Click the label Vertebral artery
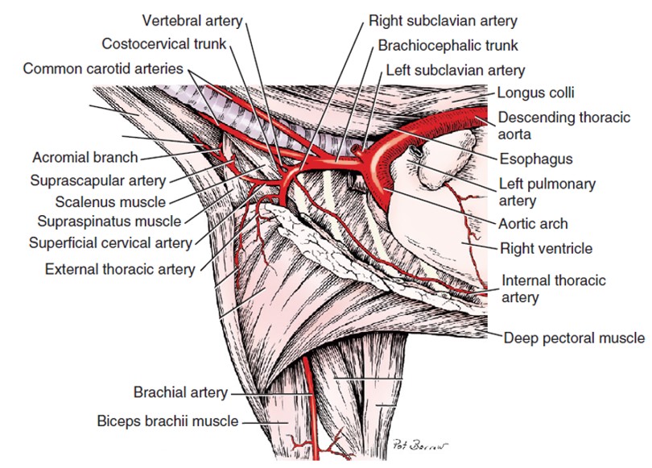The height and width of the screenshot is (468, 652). pyautogui.click(x=191, y=19)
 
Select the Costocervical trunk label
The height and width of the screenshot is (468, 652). pyautogui.click(x=164, y=43)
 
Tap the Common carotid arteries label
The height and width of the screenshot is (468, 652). pyautogui.click(x=103, y=68)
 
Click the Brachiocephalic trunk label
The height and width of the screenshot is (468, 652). pyautogui.click(x=448, y=45)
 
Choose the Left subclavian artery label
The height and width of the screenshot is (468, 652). pyautogui.click(x=456, y=71)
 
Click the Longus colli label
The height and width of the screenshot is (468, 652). pyautogui.click(x=536, y=93)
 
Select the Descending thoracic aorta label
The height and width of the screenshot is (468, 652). pyautogui.click(x=563, y=125)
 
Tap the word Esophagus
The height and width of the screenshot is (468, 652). pyautogui.click(x=536, y=159)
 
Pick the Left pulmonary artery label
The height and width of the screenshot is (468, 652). pyautogui.click(x=547, y=192)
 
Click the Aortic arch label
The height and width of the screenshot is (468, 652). pyautogui.click(x=534, y=224)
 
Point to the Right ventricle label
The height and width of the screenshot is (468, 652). pyautogui.click(x=546, y=248)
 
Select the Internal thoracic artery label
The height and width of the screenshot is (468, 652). pyautogui.click(x=554, y=289)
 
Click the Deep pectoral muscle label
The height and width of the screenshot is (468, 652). pyautogui.click(x=574, y=338)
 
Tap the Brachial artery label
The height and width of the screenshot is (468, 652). pyautogui.click(x=181, y=393)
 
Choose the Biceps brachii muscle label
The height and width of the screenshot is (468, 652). pyautogui.click(x=167, y=420)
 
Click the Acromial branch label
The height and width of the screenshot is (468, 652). pyautogui.click(x=85, y=157)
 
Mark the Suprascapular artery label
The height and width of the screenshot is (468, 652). pyautogui.click(x=98, y=180)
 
